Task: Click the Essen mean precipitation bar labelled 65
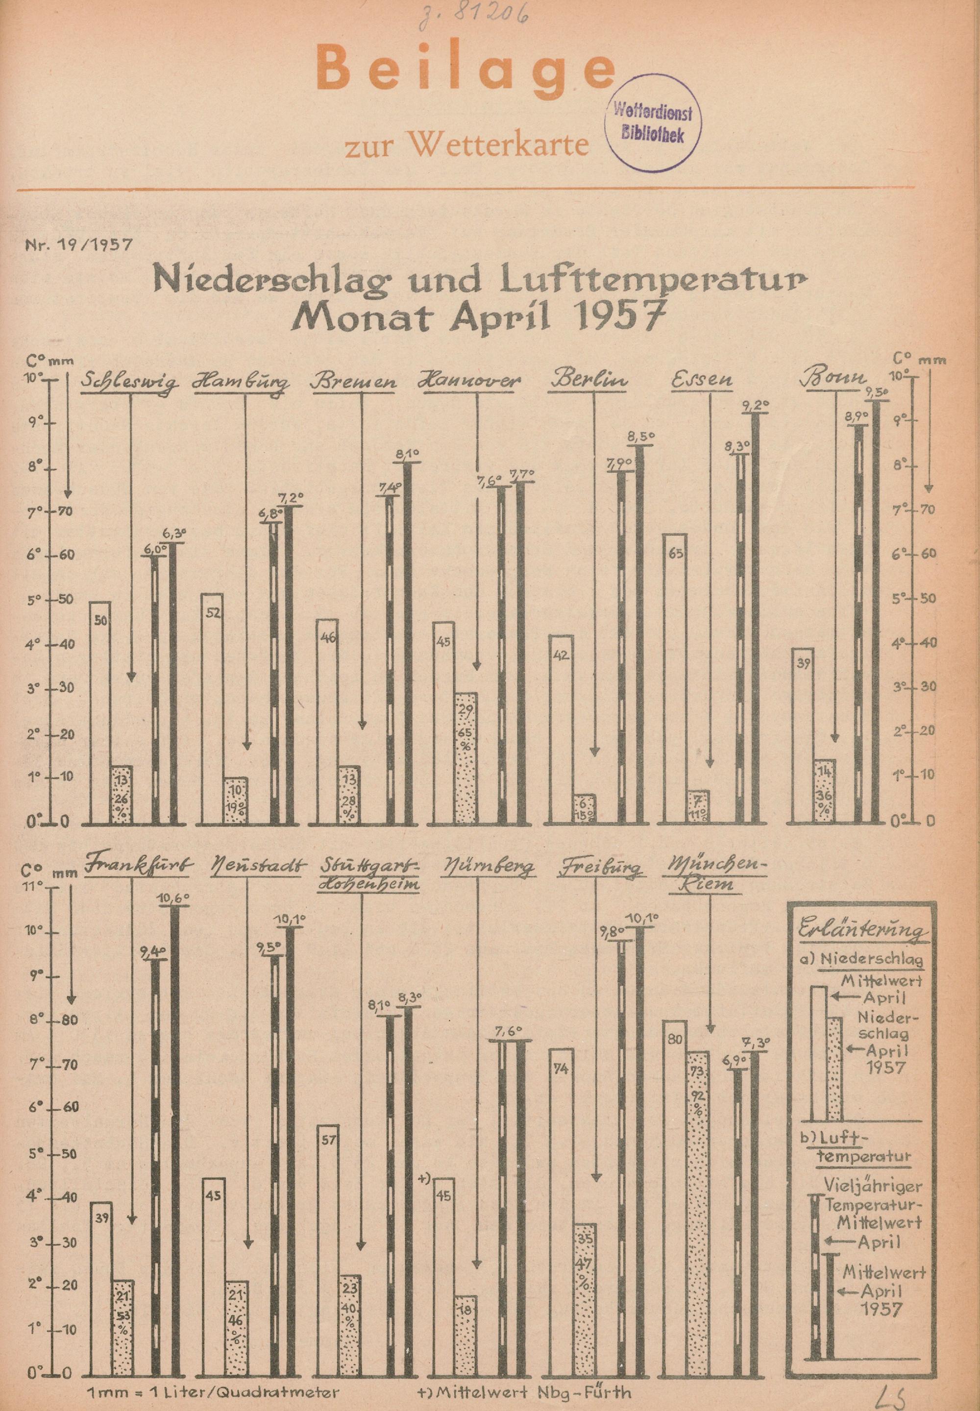pyautogui.click(x=676, y=676)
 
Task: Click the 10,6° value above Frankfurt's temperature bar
pyautogui.click(x=175, y=898)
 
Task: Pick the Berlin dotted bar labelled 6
pyautogui.click(x=583, y=808)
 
